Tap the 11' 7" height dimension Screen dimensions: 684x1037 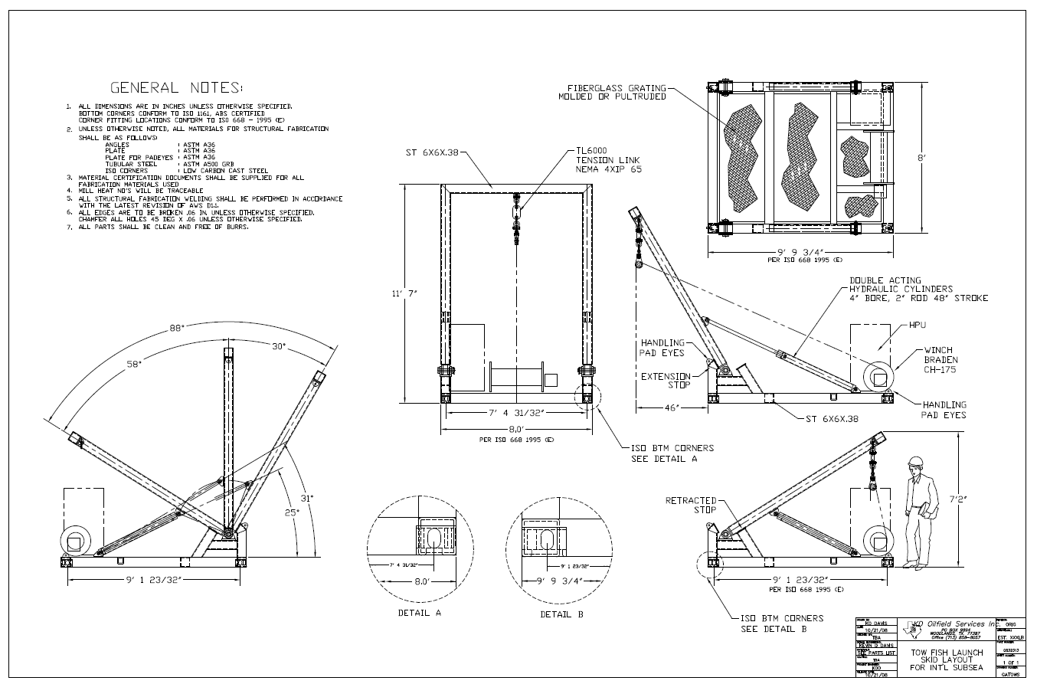pos(402,293)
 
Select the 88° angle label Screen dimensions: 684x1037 pos(178,329)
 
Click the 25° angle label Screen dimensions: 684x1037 pos(292,512)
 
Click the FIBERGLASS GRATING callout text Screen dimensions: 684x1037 pos(612,92)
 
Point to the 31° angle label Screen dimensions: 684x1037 pos(306,498)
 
